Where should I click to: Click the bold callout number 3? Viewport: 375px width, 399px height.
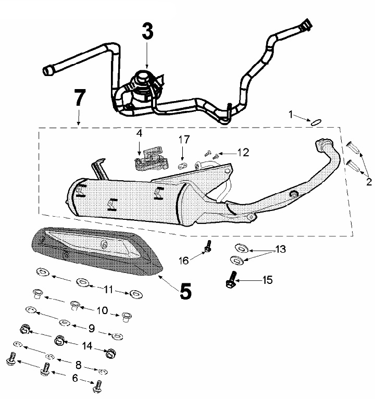[x=147, y=32]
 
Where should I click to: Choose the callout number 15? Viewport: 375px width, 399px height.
[x=267, y=280]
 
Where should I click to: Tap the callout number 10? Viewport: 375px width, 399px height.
[x=102, y=310]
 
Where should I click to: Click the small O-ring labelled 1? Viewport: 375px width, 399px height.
[x=314, y=122]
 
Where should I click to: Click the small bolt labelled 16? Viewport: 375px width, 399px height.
[x=208, y=246]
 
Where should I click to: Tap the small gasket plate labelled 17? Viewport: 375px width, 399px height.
[x=182, y=166]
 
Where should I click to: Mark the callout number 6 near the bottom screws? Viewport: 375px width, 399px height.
[x=74, y=379]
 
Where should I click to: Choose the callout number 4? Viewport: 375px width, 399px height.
[x=139, y=134]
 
